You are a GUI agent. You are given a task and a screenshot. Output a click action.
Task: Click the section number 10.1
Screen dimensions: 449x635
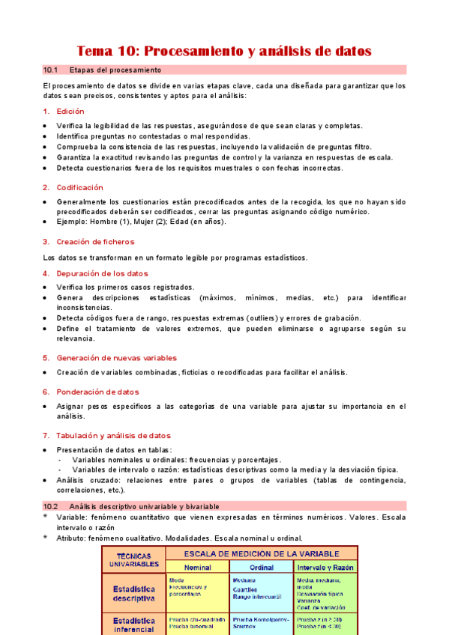51,70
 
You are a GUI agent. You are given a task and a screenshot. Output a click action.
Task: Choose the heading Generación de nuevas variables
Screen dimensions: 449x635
114,357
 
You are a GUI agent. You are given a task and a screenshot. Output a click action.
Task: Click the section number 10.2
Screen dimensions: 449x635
51,506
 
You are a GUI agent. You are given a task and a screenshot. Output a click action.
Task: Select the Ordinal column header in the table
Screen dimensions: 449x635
262,567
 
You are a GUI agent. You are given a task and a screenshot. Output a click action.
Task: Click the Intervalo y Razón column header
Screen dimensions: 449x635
325,567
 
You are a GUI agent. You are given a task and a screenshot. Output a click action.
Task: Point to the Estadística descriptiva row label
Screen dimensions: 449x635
134,592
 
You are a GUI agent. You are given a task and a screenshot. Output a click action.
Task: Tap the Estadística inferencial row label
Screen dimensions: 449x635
134,625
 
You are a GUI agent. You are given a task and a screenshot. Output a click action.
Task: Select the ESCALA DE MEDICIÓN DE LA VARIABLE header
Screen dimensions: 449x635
261,553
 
